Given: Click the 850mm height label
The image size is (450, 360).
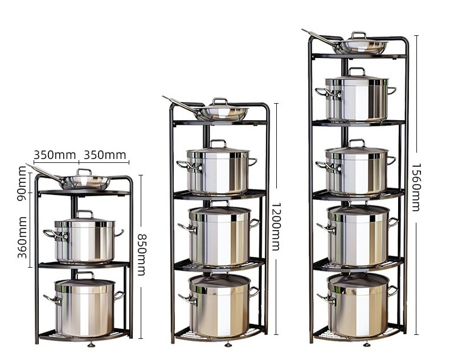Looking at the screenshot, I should (x=141, y=254).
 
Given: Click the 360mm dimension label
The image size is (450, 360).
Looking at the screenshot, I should (x=22, y=237).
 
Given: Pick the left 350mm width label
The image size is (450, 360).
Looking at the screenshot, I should (x=54, y=154).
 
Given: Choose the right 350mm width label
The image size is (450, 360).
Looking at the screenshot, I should (x=105, y=154).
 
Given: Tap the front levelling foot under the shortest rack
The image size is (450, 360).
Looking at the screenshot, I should (x=91, y=344).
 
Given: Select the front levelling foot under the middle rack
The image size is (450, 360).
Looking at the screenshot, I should (x=227, y=344).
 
